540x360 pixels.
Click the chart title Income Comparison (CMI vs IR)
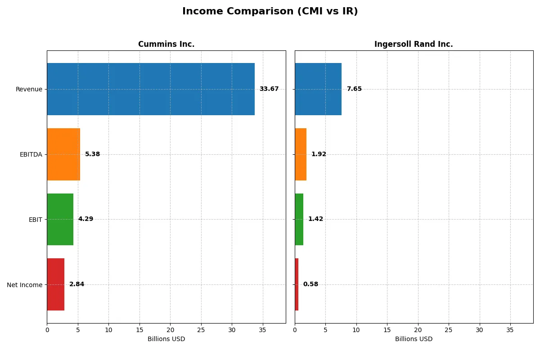270,12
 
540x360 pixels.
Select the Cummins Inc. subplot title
166,45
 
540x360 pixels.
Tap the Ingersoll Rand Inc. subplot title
414,45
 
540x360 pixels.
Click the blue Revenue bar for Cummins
151,89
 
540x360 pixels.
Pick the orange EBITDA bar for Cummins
63,154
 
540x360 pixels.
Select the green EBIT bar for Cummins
60,219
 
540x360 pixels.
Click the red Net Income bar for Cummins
56,284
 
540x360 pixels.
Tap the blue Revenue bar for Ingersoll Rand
318,89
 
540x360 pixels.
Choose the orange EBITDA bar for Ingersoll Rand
301,154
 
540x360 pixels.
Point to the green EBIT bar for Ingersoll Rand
299,219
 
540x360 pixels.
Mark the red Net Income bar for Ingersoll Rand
297,284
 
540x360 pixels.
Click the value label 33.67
269,89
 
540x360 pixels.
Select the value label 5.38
92,154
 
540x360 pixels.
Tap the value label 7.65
354,89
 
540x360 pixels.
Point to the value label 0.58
310,284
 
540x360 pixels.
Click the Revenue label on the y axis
29,89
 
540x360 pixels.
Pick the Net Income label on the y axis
25,285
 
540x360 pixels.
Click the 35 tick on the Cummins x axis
262,330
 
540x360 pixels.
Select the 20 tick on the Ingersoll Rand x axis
418,330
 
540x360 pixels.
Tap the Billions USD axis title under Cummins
166,339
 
